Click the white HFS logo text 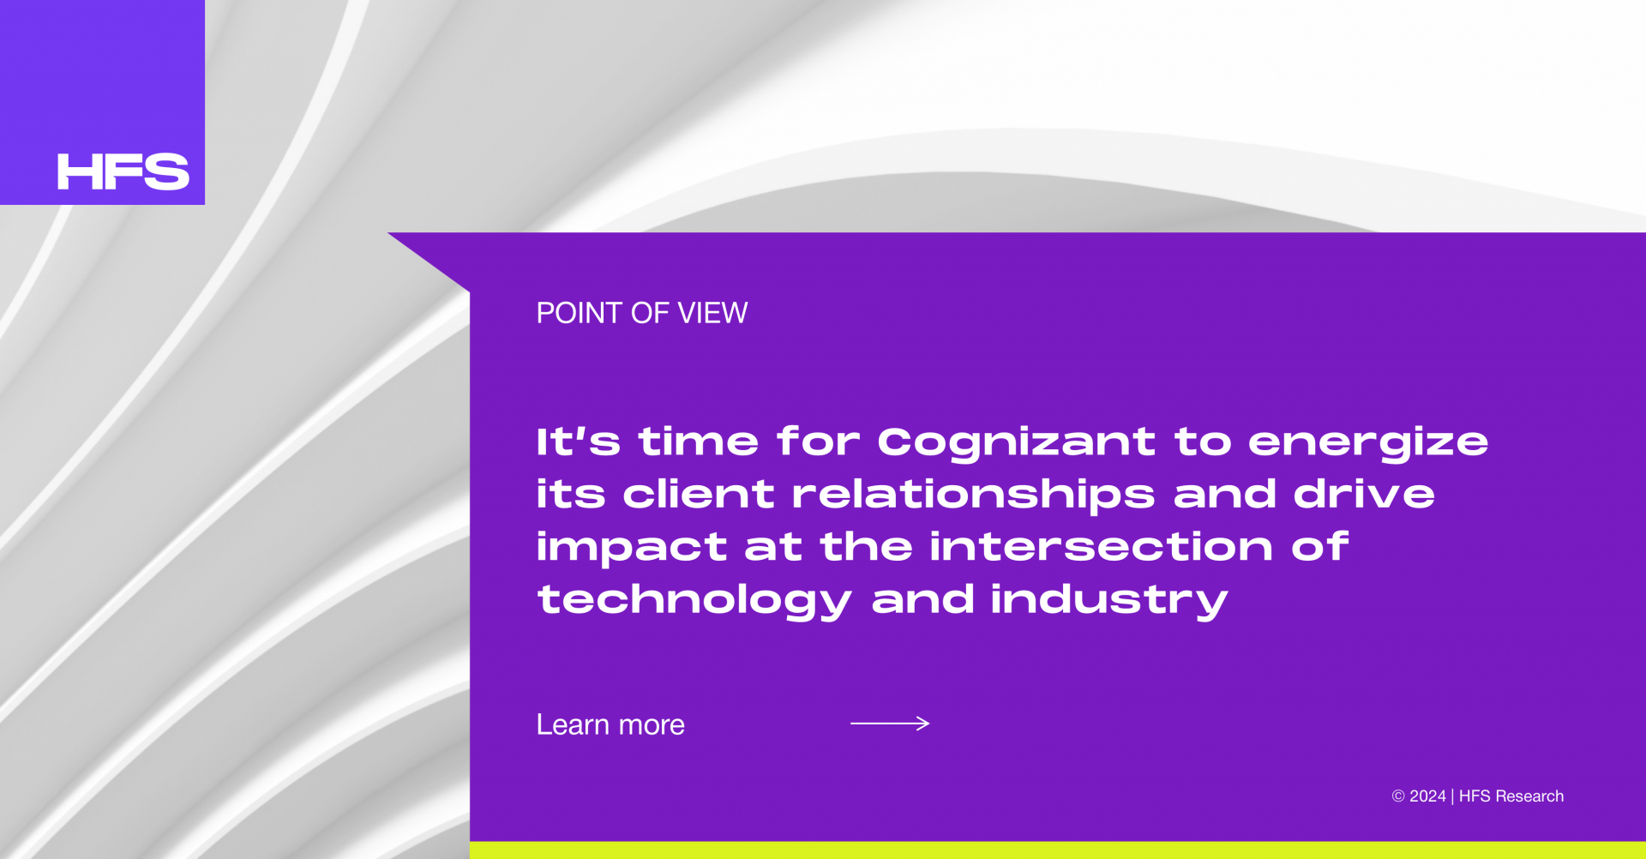pos(123,171)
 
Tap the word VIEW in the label pos(712,313)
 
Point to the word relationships pos(973,495)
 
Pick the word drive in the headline pos(1364,494)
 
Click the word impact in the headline pos(632,549)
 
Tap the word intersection pos(1101,546)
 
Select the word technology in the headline pos(694,601)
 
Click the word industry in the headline pos(1109,600)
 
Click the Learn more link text pos(610,724)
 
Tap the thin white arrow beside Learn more pos(890,724)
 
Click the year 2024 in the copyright pos(1427,796)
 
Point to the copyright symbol pos(1398,796)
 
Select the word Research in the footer pos(1529,796)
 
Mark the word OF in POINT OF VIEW pos(650,313)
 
